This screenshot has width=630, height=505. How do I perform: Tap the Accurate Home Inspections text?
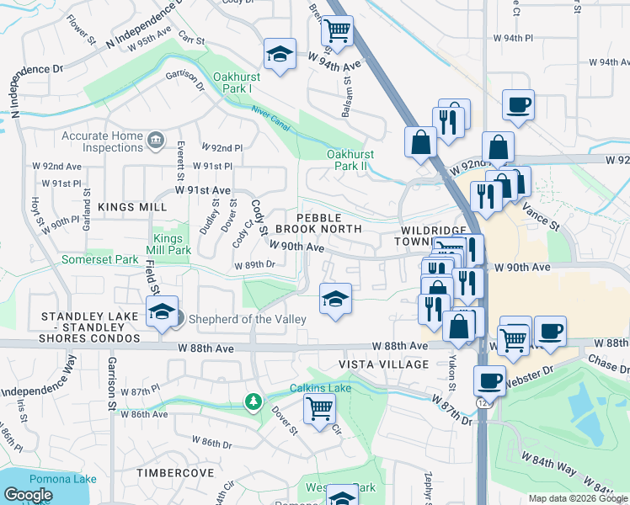point(90,141)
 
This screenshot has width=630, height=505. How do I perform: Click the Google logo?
point(28,495)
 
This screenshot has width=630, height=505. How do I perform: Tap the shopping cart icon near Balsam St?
point(337,32)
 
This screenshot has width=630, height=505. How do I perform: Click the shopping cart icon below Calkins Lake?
point(319,409)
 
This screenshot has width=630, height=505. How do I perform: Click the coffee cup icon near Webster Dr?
point(489,380)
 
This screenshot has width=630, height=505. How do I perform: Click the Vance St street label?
point(540,214)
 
